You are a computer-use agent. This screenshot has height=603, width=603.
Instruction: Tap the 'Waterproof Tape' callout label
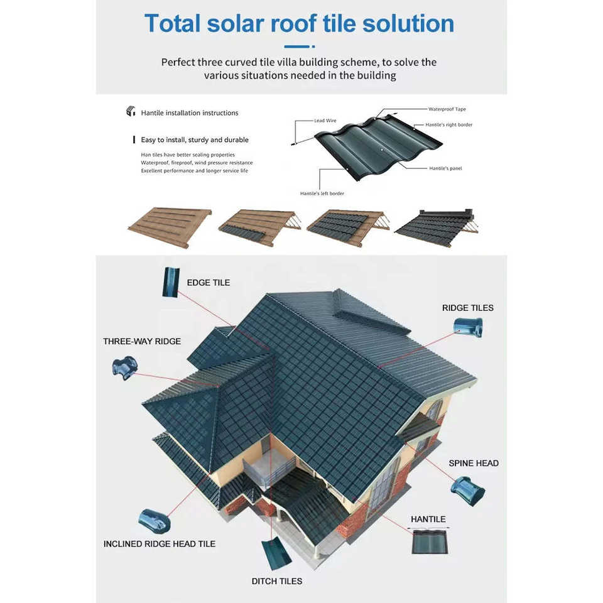pos(447,109)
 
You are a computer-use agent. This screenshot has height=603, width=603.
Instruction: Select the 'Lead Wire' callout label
pos(325,121)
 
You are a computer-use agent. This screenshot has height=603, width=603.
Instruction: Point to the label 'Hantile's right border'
pos(448,125)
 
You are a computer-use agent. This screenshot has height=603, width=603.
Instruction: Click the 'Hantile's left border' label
pos(322,193)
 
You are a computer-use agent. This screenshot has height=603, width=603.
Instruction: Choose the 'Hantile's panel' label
pos(445,168)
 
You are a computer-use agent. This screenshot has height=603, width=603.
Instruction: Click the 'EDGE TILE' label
pos(209,283)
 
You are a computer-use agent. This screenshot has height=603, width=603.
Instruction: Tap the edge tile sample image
pos(170,282)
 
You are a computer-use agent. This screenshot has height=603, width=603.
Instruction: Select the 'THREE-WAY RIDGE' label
pos(142,342)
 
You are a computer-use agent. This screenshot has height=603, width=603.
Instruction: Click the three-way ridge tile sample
pos(124,367)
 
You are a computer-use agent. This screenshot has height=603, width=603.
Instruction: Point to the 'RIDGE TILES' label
pos(468,308)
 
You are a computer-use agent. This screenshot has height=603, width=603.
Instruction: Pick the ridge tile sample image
pos(469,327)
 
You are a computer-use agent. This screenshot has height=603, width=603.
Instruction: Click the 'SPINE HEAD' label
pos(474,464)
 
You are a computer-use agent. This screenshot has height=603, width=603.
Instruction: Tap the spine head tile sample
pos(468,491)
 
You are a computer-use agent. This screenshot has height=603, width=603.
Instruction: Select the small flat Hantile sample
pos(430,540)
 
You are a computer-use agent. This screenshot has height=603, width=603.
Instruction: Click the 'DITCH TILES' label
pos(277,581)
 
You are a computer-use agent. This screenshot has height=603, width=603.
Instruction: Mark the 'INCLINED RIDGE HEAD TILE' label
pos(160,544)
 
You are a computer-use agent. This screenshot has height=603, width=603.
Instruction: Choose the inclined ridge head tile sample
pos(154,520)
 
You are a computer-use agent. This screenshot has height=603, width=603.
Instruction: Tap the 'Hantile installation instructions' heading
pos(189,113)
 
